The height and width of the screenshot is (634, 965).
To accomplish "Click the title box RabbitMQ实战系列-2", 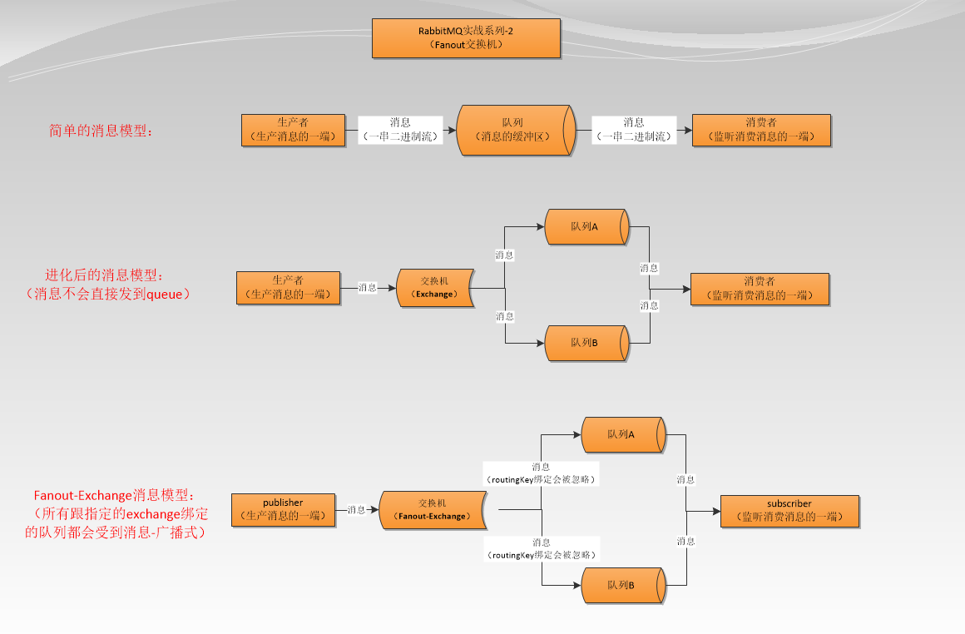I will pos(466,37).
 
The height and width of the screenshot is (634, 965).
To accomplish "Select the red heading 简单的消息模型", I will pos(101,131).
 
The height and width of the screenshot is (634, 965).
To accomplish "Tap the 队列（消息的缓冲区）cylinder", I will pos(515,130).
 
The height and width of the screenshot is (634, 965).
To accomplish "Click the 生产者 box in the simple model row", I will pos(293,130).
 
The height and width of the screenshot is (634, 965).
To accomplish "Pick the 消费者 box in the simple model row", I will pos(761,130).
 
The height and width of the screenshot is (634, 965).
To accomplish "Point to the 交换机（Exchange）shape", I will pos(435,288).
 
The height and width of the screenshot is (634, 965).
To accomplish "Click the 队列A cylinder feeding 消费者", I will pos(586,227).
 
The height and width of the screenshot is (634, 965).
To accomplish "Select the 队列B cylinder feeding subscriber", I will pos(623,585).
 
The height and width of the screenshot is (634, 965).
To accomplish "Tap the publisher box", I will pos(283,509).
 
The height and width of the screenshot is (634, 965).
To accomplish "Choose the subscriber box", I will pos(789,510).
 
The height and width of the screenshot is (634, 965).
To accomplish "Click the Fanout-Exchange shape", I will pos(433,509).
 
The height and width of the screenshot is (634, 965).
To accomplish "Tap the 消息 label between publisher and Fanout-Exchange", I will pos(357,509).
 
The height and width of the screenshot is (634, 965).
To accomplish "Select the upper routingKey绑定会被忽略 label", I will pos(542,473).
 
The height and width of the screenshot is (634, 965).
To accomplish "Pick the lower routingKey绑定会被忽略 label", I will pos(542,548).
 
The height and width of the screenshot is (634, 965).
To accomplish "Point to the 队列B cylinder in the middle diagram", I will pos(586,343).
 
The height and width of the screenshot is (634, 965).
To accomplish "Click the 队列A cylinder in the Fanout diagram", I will pos(623,434).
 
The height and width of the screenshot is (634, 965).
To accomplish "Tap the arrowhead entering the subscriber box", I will pos(715,510).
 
